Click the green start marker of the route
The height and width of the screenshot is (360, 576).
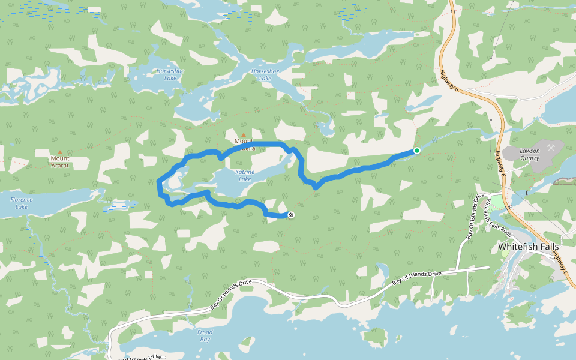[416, 151]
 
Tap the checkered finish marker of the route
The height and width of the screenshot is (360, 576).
[291, 215]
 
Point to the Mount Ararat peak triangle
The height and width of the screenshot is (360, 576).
[59, 152]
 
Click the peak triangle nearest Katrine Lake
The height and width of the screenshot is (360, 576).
[244, 135]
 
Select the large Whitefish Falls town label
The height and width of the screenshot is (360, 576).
[529, 247]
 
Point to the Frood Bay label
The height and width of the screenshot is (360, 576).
[205, 335]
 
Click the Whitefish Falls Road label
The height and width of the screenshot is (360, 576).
[497, 213]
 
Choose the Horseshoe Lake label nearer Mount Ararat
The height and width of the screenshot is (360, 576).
[166, 74]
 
